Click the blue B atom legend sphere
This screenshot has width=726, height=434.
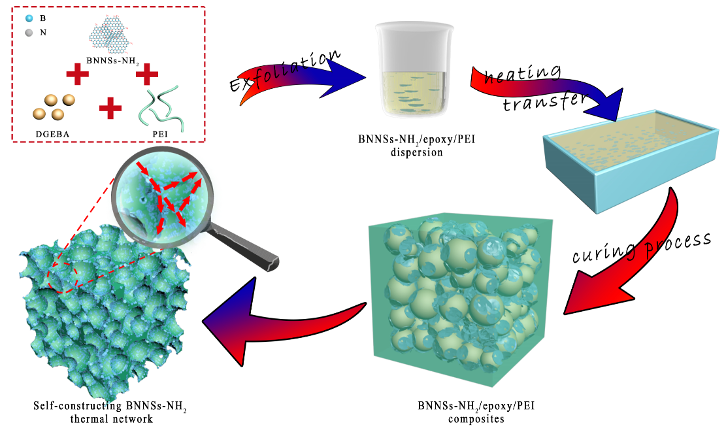[29, 18]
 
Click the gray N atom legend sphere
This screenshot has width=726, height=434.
[29, 31]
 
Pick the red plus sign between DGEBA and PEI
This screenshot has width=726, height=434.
[109, 107]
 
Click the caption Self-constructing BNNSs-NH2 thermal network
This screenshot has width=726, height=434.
[110, 412]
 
